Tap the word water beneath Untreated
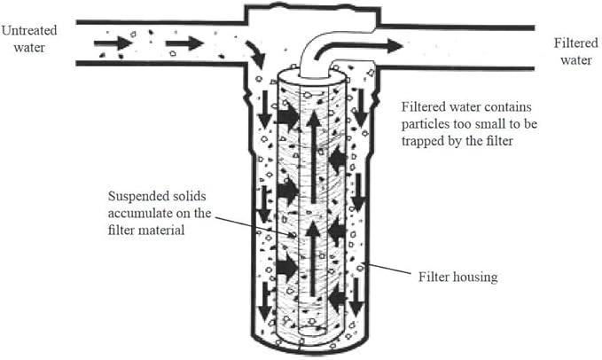click(x=20, y=47)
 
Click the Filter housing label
click(x=457, y=277)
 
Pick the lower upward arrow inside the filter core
click(x=312, y=257)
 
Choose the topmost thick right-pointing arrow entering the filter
click(x=288, y=116)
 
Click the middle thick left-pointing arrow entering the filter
click(x=337, y=231)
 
